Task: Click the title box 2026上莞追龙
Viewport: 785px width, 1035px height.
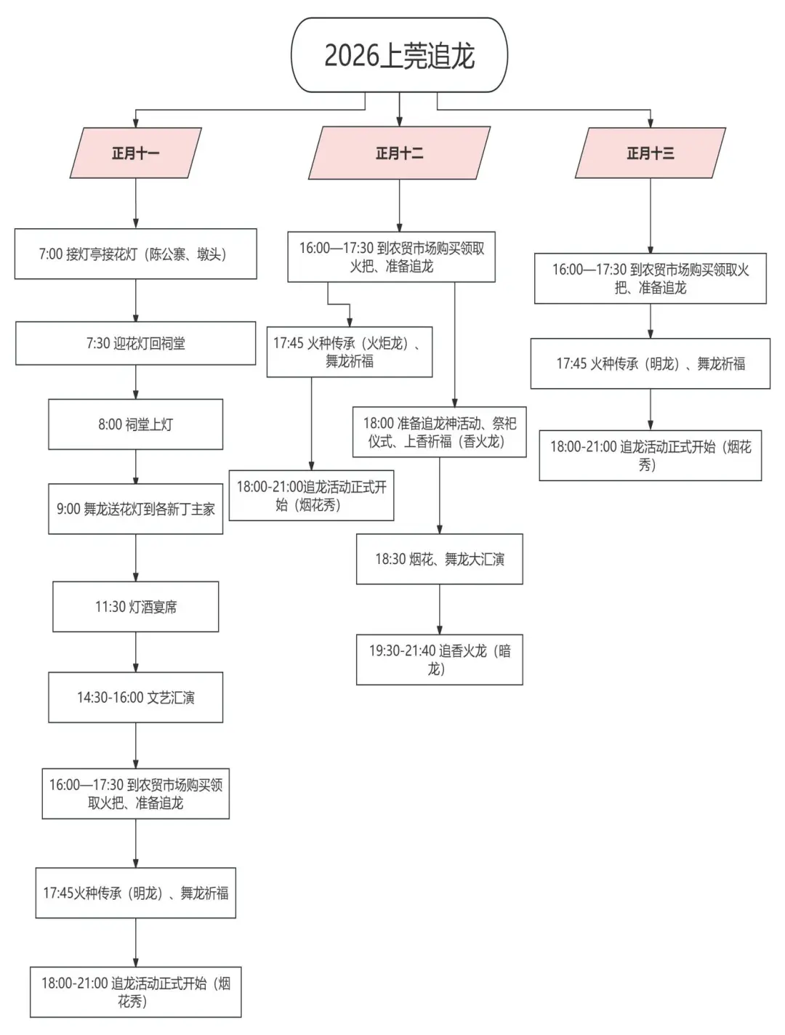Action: pos(399,55)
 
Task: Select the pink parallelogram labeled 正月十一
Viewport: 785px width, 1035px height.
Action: pos(135,153)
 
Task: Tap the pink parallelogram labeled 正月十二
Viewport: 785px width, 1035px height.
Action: pos(399,153)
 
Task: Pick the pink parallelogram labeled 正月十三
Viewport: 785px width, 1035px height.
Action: pos(650,153)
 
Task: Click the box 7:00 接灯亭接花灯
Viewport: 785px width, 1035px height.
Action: pos(135,254)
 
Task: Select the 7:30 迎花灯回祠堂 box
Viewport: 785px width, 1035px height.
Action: pos(135,343)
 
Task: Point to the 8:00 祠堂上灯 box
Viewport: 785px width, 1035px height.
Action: pos(135,424)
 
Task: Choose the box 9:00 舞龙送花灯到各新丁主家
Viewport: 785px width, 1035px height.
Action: pos(135,509)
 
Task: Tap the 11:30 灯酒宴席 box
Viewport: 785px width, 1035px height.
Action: pos(135,606)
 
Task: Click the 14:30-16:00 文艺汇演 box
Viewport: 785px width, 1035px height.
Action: pos(135,697)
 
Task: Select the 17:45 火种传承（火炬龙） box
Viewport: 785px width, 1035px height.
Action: pos(350,352)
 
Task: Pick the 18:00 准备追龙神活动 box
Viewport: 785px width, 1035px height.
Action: pos(439,432)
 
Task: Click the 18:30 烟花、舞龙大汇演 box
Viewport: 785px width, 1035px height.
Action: pos(439,559)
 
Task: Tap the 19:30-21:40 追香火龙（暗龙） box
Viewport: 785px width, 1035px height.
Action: pos(439,659)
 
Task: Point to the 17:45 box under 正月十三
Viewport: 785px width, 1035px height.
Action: pos(650,363)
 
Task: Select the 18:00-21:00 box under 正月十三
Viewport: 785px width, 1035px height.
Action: pos(650,455)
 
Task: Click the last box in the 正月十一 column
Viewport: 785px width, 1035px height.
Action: pos(135,991)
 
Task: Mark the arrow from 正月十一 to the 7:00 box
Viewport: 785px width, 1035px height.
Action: pos(136,204)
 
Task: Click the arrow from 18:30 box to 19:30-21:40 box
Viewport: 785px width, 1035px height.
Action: pos(439,609)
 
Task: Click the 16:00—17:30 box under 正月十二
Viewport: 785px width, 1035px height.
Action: pos(391,257)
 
